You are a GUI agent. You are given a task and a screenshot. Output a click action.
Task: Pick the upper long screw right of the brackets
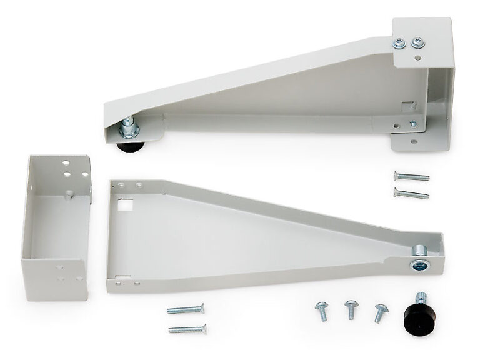point(411,176)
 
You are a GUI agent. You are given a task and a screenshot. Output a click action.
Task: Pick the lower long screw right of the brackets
point(411,194)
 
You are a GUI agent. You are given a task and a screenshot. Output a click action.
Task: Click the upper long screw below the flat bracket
point(186,309)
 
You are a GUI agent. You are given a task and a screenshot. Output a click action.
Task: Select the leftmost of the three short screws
point(322,310)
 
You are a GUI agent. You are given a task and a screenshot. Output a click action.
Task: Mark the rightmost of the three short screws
point(379,312)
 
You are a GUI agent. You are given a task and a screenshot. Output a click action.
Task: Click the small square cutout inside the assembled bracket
point(409,104)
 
